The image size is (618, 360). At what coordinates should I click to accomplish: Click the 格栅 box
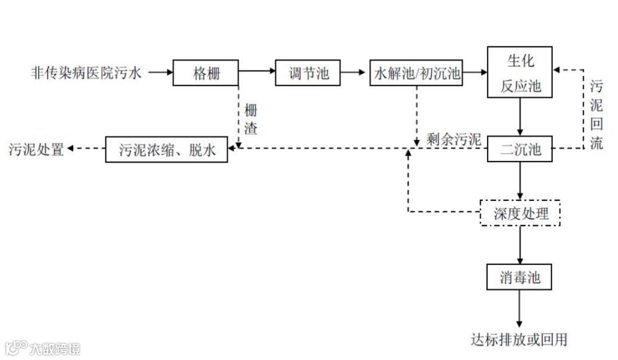(206, 73)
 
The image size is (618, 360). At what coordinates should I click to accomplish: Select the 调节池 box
(308, 73)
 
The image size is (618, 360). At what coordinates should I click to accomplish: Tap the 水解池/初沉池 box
(417, 73)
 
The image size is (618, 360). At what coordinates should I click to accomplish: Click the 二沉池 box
(520, 150)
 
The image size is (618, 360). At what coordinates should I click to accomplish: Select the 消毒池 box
(520, 278)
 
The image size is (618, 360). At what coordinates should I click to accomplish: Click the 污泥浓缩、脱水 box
(167, 150)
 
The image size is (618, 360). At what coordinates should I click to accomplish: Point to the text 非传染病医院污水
(85, 73)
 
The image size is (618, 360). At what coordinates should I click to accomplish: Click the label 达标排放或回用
(519, 339)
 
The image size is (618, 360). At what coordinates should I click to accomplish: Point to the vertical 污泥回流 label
(596, 114)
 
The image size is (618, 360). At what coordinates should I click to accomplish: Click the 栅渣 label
(251, 119)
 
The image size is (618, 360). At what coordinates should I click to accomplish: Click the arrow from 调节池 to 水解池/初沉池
(355, 73)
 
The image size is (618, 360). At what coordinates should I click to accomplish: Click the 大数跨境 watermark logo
(43, 347)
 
